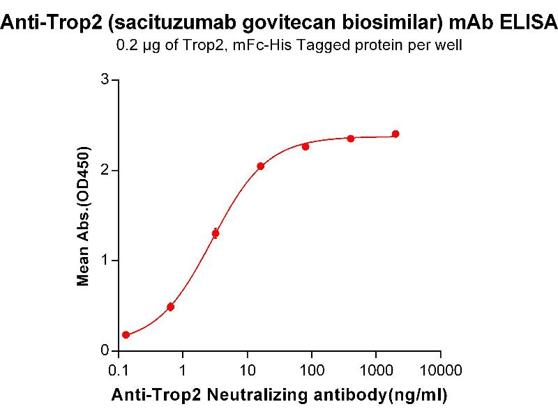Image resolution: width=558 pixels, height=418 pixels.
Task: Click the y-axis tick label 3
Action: pos(105,80)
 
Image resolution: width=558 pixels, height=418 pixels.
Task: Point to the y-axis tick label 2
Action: pos(105,170)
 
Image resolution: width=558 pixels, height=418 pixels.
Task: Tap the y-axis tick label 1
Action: pos(105,261)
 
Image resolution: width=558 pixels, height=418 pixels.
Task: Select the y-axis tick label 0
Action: pos(105,350)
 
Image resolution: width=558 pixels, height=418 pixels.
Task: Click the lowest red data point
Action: pos(126,335)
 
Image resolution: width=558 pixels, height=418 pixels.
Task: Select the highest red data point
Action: pos(395,134)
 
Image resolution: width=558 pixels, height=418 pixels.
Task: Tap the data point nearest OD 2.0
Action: pos(260,166)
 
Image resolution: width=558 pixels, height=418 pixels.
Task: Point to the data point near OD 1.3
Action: pos(216,233)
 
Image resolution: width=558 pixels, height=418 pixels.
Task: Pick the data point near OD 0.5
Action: pos(170,307)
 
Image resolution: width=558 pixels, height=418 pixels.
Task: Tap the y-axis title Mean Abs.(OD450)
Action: pos(84,217)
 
